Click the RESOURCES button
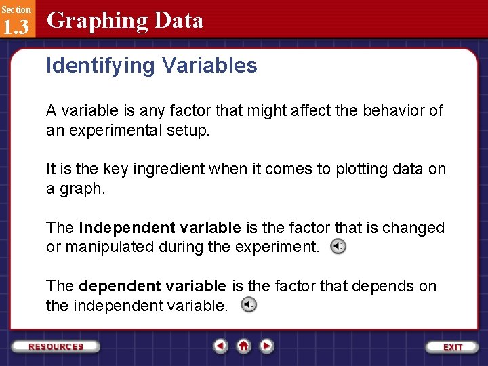(56, 346)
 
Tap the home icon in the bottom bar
(244, 346)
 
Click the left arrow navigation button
(220, 346)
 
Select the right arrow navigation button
(267, 346)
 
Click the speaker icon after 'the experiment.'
(338, 247)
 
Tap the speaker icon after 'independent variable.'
(249, 305)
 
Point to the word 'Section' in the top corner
(16, 9)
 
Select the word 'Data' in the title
(178, 21)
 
